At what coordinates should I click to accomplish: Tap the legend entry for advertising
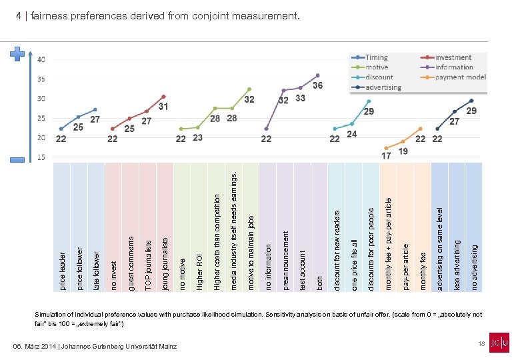click(383, 87)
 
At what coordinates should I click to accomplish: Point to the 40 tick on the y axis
click(41, 59)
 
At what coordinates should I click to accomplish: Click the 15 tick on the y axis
click(41, 157)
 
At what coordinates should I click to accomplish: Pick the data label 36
click(318, 85)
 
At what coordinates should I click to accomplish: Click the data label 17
click(386, 155)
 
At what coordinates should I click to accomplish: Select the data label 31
click(163, 106)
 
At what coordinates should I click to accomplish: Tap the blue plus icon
click(18, 53)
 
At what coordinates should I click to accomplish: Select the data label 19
click(403, 151)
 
